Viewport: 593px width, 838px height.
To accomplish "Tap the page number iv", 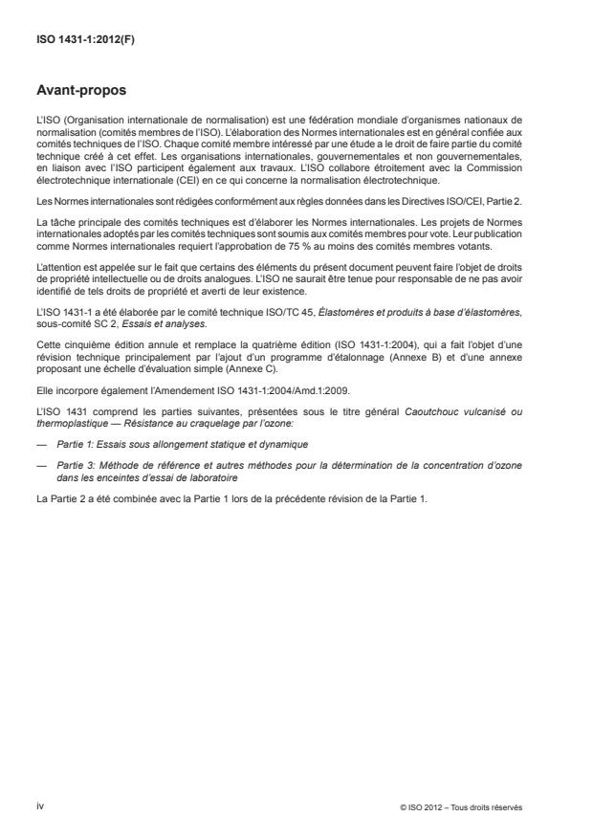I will pos(40,805).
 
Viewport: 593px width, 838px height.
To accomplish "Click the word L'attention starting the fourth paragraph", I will pos(56,288).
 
